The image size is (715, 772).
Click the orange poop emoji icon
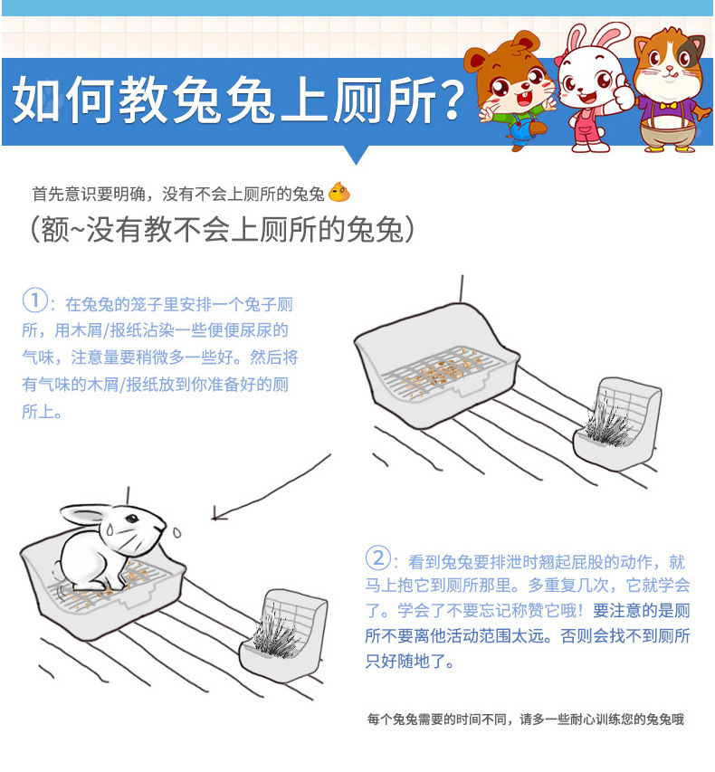coord(338,193)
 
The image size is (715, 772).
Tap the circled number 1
coord(35,300)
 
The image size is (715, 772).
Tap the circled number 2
coord(377,558)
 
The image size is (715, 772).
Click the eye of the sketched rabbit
coord(131,519)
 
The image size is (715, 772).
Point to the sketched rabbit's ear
coord(83,514)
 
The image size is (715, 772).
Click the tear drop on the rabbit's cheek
coord(110,529)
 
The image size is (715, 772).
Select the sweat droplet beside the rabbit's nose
coord(176,532)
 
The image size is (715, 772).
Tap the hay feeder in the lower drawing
coord(284,636)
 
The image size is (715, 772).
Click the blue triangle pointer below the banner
coord(357,155)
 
